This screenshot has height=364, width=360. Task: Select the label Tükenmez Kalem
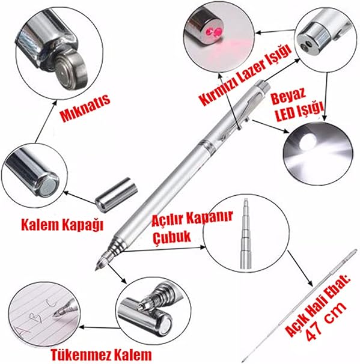[101, 354]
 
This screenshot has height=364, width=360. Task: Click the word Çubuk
[172, 237]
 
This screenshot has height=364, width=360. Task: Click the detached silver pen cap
[117, 195]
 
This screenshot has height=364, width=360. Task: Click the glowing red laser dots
[215, 32]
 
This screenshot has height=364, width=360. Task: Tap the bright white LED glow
[308, 141]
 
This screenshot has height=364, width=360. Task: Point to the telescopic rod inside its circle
[245, 234]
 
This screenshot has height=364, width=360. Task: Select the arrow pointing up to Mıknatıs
[45, 121]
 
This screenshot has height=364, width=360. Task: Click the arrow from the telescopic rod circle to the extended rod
[301, 268]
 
